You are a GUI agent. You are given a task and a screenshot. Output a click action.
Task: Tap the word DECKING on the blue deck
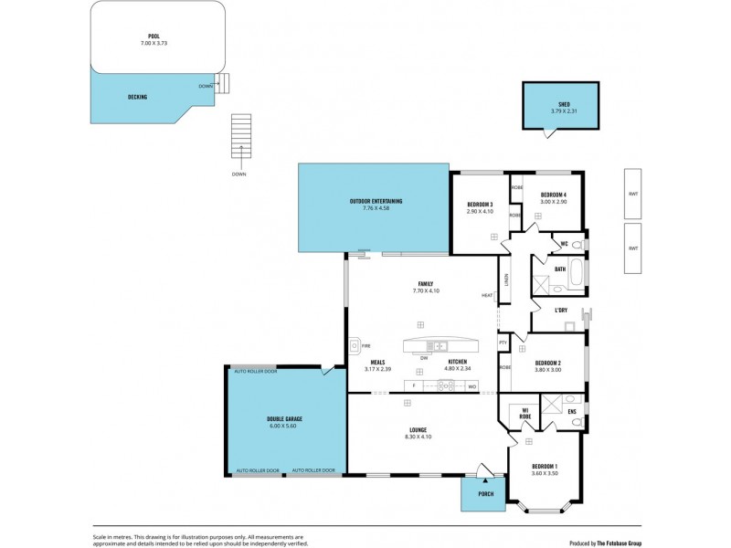137,96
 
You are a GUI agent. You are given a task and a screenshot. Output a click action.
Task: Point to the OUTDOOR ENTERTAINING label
376,201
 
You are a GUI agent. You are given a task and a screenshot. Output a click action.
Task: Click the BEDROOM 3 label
480,204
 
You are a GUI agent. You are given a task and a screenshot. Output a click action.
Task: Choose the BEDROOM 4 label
554,195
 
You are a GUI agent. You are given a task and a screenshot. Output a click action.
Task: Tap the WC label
566,243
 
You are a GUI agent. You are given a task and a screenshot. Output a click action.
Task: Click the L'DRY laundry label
561,310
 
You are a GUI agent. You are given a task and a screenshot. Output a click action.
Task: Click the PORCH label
486,494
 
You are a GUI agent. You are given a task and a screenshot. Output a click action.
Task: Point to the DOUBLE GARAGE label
286,418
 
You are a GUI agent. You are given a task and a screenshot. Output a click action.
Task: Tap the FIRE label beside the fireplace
365,346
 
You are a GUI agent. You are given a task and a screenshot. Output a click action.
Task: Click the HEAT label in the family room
487,295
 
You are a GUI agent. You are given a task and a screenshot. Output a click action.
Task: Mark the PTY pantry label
503,342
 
